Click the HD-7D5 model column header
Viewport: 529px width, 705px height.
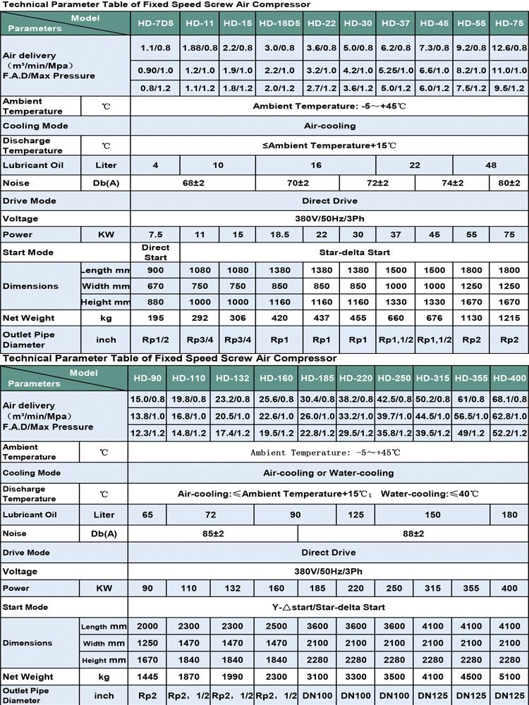[x=155, y=23]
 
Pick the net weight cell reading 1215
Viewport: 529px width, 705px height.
[x=509, y=317]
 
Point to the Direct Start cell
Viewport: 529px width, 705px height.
[x=155, y=252]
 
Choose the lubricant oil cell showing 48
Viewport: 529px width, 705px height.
[x=490, y=165]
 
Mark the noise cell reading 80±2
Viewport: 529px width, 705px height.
[x=509, y=183]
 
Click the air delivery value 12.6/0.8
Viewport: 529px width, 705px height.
[x=509, y=49]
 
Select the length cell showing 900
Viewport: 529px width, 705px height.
[x=155, y=271]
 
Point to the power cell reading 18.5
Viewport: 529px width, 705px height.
[x=279, y=234]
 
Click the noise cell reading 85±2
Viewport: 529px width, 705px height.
[x=212, y=534]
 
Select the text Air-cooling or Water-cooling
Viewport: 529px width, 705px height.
[x=328, y=473]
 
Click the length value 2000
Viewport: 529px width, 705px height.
[x=147, y=626]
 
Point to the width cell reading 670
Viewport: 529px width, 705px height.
[x=155, y=286]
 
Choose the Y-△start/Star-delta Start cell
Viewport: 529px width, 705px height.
[x=328, y=607]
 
